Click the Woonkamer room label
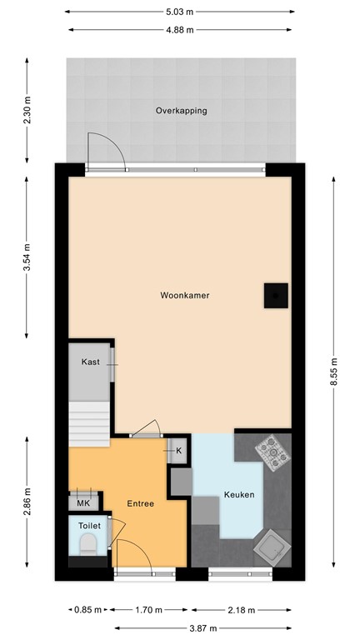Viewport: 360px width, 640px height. click(185, 295)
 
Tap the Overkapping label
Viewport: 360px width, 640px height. click(181, 110)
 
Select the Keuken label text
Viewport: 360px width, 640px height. click(239, 495)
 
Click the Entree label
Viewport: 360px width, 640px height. click(139, 503)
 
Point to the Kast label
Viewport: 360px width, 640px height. click(90, 362)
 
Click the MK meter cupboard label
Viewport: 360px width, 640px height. click(82, 503)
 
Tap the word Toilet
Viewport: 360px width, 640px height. click(88, 526)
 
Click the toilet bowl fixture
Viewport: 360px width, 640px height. click(87, 545)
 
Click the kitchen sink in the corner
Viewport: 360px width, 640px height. click(271, 547)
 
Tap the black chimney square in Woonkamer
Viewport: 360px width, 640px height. click(276, 295)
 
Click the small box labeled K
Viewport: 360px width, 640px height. click(178, 451)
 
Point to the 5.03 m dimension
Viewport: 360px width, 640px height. click(180, 12)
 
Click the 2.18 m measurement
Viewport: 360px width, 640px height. click(249, 609)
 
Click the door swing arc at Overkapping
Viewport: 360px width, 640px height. click(107, 148)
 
